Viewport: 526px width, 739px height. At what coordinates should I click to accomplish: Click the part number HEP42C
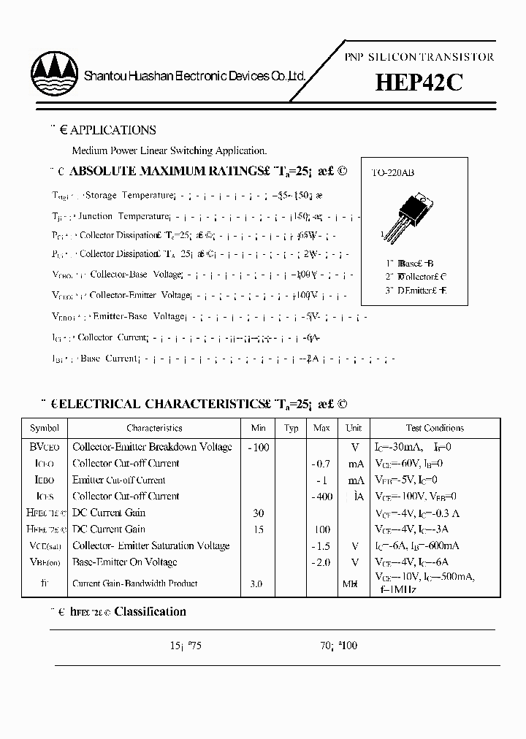(x=419, y=83)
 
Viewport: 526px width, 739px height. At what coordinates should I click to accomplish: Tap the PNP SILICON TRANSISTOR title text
(x=419, y=57)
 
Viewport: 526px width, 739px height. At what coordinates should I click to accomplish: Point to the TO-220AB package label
(x=392, y=173)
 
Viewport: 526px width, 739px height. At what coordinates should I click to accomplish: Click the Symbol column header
(x=44, y=428)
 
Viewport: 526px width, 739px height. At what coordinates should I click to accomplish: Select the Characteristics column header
(x=154, y=428)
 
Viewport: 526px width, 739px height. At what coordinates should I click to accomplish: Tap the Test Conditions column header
(x=435, y=428)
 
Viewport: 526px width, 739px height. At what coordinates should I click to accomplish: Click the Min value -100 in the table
(x=259, y=447)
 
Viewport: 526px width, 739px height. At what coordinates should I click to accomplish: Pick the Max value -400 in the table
(x=321, y=497)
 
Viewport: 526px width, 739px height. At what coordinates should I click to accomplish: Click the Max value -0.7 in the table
(x=321, y=464)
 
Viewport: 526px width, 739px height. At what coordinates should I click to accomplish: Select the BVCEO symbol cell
(x=46, y=447)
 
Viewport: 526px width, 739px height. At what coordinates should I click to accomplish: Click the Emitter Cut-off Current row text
(x=119, y=480)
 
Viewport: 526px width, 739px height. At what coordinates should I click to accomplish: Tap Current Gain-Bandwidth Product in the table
(x=135, y=583)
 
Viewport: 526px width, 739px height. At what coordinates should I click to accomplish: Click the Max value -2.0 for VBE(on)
(x=321, y=562)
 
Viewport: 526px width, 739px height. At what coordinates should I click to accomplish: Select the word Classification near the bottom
(x=150, y=612)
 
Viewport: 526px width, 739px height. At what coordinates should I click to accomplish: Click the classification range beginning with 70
(x=339, y=646)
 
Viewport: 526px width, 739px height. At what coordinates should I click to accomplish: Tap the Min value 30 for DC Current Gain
(x=259, y=513)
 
